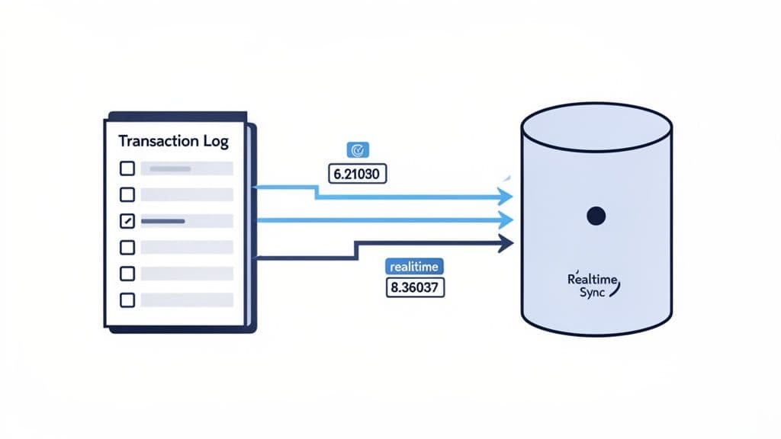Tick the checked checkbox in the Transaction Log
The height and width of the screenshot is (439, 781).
pyautogui.click(x=127, y=221)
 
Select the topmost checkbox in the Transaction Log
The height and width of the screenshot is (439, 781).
pyautogui.click(x=127, y=168)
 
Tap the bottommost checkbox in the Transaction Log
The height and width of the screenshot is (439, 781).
pyautogui.click(x=127, y=300)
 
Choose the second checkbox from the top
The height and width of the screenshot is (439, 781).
pyautogui.click(x=127, y=194)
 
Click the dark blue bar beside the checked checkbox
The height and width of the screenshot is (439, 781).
pyautogui.click(x=163, y=221)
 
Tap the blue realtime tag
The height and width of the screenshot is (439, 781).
pyautogui.click(x=412, y=267)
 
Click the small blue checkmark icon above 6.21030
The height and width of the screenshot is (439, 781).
pyautogui.click(x=357, y=149)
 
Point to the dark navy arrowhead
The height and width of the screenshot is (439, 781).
pyautogui.click(x=504, y=244)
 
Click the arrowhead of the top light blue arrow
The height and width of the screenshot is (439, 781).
pyautogui.click(x=504, y=197)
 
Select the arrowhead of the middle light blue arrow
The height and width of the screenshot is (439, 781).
pyautogui.click(x=504, y=221)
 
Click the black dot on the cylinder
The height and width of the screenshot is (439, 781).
pyautogui.click(x=596, y=216)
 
